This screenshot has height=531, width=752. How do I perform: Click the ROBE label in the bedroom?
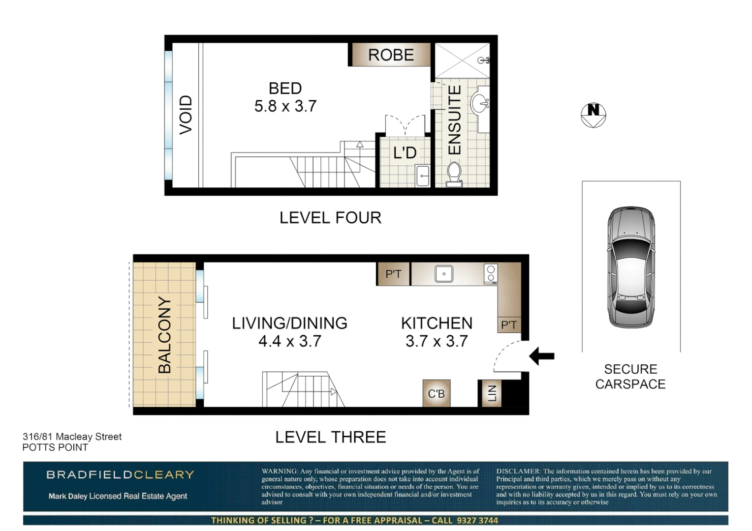[391, 55]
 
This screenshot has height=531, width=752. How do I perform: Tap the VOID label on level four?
[186, 115]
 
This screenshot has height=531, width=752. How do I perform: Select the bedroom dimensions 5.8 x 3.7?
[285, 106]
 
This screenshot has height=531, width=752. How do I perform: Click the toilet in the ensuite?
[454, 174]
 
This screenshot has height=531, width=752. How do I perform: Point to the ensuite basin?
[479, 104]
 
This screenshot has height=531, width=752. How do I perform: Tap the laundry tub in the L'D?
[423, 176]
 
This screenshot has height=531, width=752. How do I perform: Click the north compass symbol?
[593, 115]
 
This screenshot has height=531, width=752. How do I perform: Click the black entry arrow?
[542, 356]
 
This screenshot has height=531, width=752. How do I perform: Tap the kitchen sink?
[444, 274]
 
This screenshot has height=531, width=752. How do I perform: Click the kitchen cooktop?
[491, 274]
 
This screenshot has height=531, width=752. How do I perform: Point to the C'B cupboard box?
[436, 393]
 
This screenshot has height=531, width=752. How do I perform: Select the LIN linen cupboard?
[491, 393]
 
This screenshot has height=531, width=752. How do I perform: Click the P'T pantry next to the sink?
[393, 274]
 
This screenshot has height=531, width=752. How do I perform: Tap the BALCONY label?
[164, 335]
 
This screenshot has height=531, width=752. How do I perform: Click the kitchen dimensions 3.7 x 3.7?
[437, 341]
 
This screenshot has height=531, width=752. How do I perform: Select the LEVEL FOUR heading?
[330, 218]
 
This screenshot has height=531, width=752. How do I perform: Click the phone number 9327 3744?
[477, 520]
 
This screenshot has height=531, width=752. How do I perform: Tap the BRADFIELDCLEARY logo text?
[120, 475]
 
